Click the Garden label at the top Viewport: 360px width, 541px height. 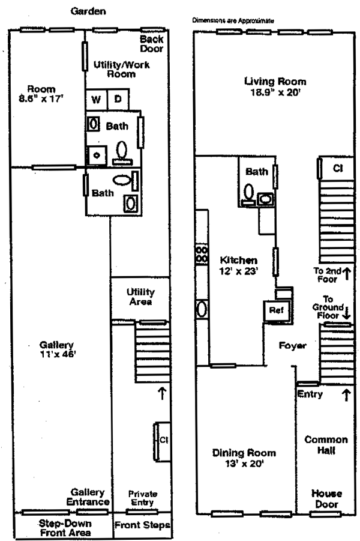tap(88, 11)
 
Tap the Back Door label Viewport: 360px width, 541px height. tap(152, 44)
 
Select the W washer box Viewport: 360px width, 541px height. tap(96, 99)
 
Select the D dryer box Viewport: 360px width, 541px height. tap(118, 99)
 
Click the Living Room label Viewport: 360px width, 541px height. tap(275, 86)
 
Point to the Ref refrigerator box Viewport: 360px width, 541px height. tap(275, 310)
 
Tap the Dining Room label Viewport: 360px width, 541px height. tap(244, 458)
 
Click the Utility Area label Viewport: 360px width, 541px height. tap(140, 297)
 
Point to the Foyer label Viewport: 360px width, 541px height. tap(292, 346)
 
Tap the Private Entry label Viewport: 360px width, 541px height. tap(142, 498)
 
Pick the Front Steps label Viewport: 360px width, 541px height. tap(142, 525)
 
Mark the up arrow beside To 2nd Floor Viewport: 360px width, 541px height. tap(347, 274)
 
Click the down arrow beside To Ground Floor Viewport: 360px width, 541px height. tap(347, 313)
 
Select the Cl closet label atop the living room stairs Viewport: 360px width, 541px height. tap(338, 169)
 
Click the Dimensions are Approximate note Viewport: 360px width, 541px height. tap(233, 20)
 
